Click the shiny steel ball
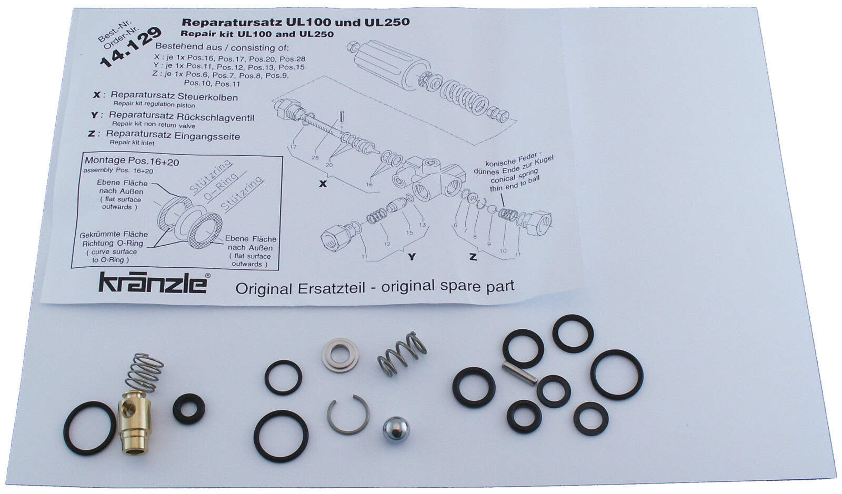pos(396,429)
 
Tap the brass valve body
pos(134,421)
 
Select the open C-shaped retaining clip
pos(348,415)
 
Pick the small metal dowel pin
pos(519,373)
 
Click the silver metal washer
pos(340,355)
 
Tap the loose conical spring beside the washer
pos(402,354)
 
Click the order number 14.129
pos(130,47)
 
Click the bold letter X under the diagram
pos(323,184)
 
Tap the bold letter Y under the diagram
pos(412,257)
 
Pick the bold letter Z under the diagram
pos(473,257)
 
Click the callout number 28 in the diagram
pos(315,158)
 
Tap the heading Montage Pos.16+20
pos(132,161)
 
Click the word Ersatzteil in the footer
pos(331,288)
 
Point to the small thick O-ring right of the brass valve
pos(189,409)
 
